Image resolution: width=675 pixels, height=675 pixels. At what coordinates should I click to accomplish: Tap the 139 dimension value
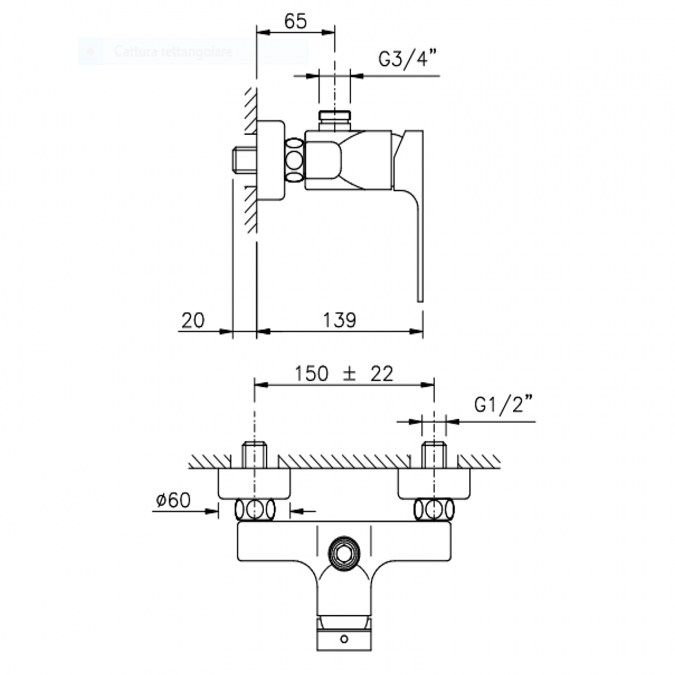point(340,320)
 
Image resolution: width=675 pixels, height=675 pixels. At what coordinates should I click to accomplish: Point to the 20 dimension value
point(193,320)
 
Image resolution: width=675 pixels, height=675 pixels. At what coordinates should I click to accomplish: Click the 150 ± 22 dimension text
point(344,374)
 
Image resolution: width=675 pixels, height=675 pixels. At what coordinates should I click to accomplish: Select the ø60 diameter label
point(173,500)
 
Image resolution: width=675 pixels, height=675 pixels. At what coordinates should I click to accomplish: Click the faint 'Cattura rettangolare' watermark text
point(173,51)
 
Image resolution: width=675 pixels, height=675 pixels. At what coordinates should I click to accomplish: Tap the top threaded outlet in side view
point(335,120)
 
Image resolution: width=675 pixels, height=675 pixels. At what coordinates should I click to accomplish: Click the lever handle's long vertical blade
point(419,244)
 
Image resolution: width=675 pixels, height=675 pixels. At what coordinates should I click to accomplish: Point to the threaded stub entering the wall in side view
point(244,160)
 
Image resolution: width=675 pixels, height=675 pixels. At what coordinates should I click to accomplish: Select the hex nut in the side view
point(294,160)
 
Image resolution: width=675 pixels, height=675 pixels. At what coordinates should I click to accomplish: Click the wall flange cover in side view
point(271,160)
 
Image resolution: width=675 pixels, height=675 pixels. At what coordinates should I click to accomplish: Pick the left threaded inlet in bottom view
point(254,454)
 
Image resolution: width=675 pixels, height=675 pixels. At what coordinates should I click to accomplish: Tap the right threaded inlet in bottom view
point(433,454)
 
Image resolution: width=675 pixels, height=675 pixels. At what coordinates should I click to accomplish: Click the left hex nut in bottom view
point(254,510)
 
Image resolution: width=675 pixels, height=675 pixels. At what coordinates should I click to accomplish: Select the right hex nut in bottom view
point(434,510)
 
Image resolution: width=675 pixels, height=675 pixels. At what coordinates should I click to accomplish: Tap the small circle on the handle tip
point(344,639)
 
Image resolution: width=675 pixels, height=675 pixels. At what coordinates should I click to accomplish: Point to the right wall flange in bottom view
point(434,483)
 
